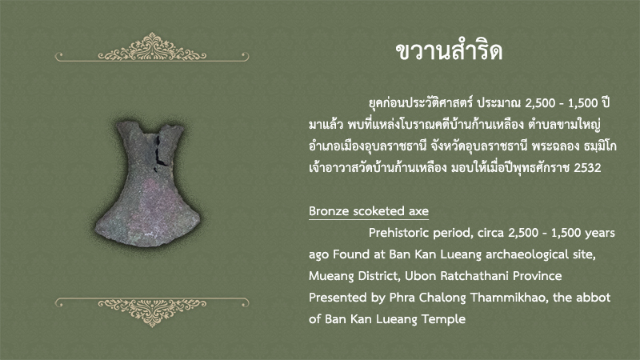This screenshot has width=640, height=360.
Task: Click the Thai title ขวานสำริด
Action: [x=449, y=51]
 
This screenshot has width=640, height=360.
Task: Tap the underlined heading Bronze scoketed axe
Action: [x=369, y=211]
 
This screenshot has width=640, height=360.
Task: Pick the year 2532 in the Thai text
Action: [x=587, y=168]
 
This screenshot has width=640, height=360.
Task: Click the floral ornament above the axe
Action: [x=152, y=47]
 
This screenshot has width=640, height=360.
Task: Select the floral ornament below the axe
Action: [x=152, y=312]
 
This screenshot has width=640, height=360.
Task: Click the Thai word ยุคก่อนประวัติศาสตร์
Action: [x=421, y=102]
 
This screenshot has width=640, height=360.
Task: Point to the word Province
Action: [x=537, y=276]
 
